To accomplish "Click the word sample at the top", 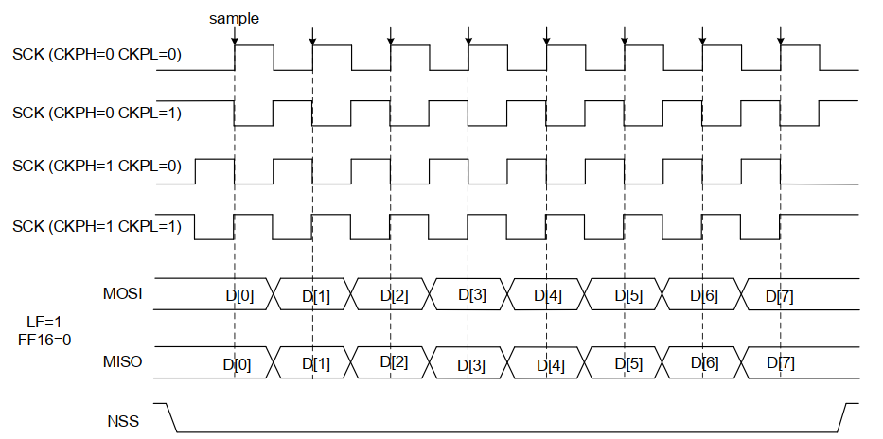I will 235,18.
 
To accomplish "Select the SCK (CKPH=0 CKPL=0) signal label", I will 97,54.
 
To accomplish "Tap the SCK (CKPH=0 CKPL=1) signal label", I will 97,114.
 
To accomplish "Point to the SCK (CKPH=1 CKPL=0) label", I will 97,167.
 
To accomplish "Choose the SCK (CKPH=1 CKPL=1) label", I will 97,227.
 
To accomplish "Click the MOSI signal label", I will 122,294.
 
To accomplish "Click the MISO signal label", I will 122,361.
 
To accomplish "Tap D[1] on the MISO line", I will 316,362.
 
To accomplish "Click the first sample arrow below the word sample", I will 235,37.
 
